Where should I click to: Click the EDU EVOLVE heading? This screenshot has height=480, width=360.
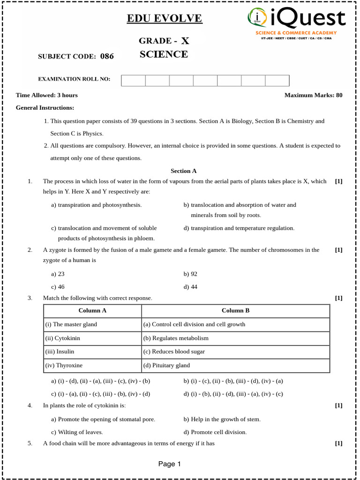click(x=165, y=19)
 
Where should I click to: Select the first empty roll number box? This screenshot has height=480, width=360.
click(x=133, y=80)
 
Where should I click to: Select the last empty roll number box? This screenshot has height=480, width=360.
click(x=277, y=80)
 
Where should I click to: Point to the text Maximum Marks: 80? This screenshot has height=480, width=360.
click(x=313, y=95)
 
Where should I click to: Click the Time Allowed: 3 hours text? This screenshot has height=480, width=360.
click(x=47, y=95)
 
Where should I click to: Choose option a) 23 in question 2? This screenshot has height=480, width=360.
click(x=58, y=274)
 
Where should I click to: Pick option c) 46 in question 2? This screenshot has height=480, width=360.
click(x=58, y=286)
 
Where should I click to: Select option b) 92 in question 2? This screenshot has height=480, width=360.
click(x=190, y=274)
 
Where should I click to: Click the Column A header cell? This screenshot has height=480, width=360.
click(x=92, y=310)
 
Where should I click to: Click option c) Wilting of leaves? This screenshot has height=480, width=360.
click(x=77, y=432)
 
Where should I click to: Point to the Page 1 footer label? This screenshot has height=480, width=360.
click(x=170, y=464)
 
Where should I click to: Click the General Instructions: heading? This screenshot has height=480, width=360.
click(x=45, y=108)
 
